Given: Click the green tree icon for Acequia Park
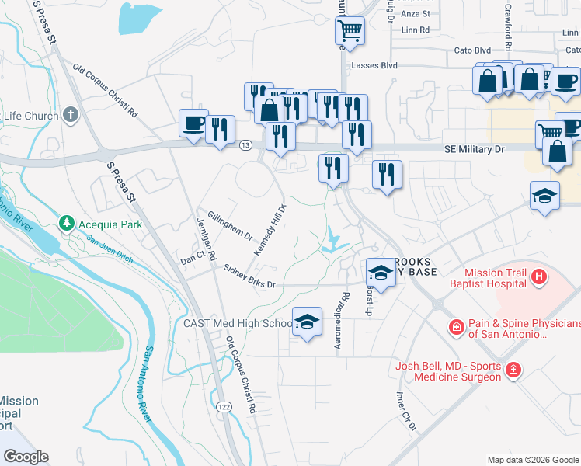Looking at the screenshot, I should coord(68,224).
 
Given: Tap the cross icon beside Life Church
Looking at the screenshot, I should coord(71,116).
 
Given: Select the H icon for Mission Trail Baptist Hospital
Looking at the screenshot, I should coord(537,276).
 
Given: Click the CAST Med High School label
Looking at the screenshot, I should coord(237,323).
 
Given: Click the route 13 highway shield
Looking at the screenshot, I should coord(245,145).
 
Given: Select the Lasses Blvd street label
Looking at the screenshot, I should coord(373,67).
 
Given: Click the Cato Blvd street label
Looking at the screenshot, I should coord(473,50).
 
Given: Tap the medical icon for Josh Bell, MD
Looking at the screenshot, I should coord(513,371).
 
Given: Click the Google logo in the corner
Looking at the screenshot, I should coord(26,457).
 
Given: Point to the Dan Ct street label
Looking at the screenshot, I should coord(191,256).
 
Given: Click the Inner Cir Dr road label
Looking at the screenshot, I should coord(406,411).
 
